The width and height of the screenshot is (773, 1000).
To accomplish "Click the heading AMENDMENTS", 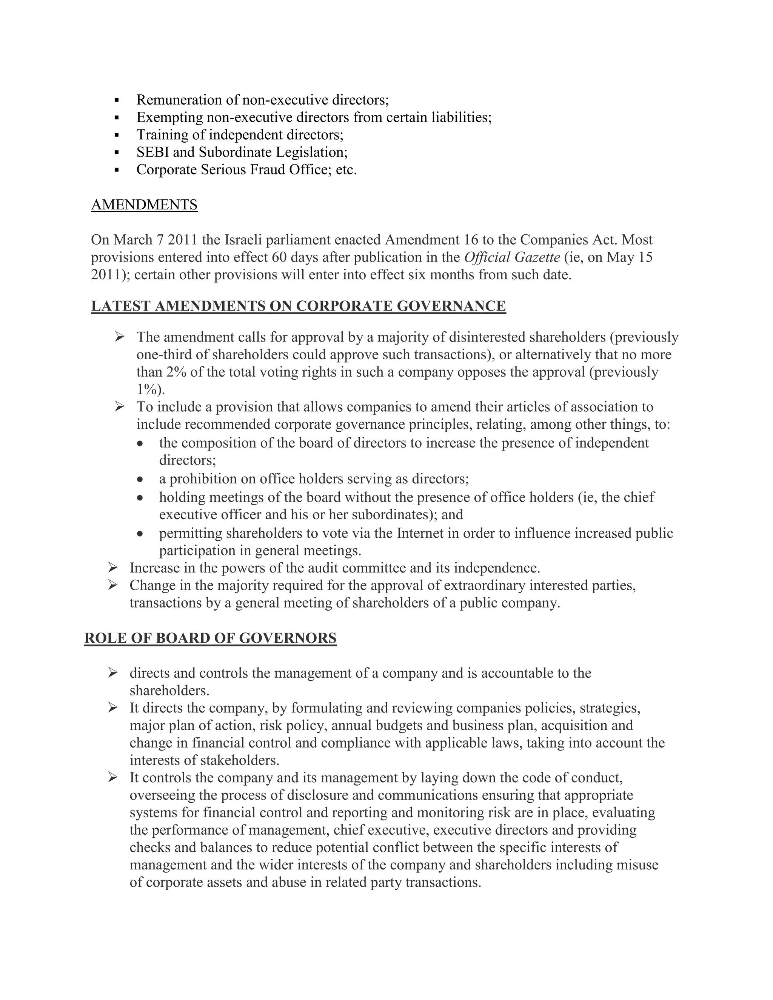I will (144, 205).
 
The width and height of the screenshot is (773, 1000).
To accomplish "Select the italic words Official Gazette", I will (511, 257).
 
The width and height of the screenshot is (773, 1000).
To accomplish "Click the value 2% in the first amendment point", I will (176, 372).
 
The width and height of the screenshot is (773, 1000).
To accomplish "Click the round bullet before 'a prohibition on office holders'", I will (140, 479).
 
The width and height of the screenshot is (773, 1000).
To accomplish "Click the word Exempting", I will (169, 117).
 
